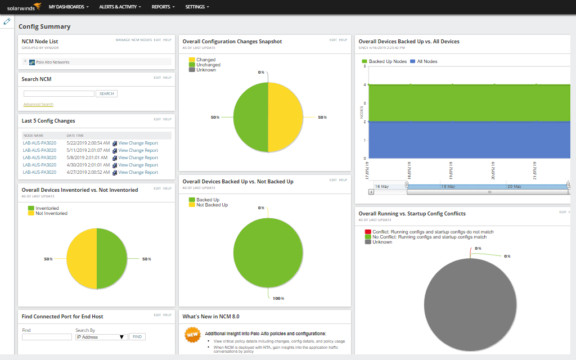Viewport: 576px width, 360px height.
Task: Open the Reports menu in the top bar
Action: [x=163, y=7]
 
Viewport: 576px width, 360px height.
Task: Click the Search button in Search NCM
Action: [x=106, y=94]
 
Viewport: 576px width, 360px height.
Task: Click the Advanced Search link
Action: [x=38, y=105]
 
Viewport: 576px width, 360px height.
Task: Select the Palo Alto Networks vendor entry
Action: [x=52, y=62]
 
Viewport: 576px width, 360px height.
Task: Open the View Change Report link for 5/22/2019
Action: [x=138, y=143]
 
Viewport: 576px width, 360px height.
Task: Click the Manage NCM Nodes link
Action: [x=133, y=40]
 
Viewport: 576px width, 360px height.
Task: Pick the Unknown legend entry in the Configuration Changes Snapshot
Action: [x=206, y=70]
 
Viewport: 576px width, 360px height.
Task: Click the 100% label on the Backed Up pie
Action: [x=278, y=298]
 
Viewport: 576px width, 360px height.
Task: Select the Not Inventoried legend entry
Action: [x=51, y=213]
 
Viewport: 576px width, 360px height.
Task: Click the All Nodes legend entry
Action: [x=427, y=61]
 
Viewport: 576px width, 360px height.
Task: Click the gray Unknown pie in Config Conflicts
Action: [x=470, y=304]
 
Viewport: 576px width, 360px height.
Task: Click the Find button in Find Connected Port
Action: [x=136, y=337]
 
